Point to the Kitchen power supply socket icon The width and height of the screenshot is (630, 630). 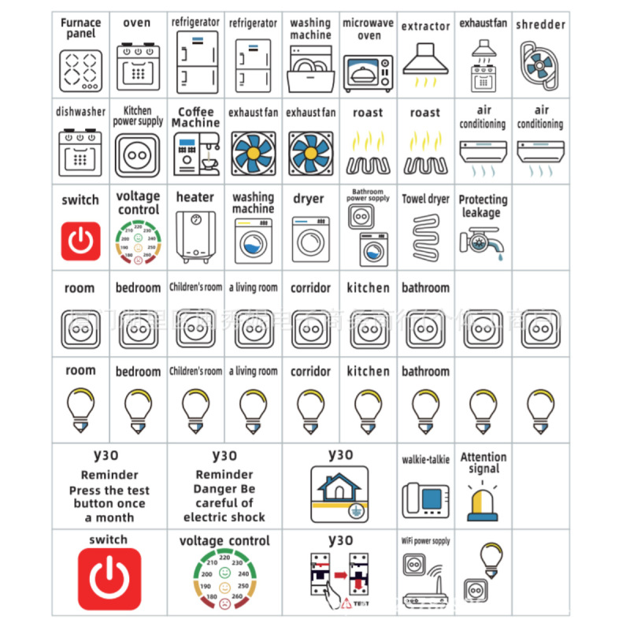pyautogui.click(x=138, y=154)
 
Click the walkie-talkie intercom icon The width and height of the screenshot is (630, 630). pyautogui.click(x=425, y=498)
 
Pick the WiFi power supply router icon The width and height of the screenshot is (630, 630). pyautogui.click(x=425, y=581)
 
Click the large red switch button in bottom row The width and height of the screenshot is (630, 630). pyautogui.click(x=109, y=580)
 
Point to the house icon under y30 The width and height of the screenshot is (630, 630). pyautogui.click(x=339, y=493)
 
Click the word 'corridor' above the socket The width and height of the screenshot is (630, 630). pyautogui.click(x=310, y=288)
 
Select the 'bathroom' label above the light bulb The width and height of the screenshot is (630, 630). pyautogui.click(x=425, y=371)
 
